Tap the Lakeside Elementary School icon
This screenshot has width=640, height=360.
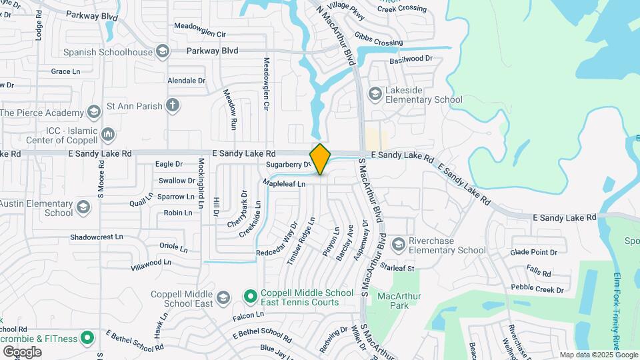point(374,94)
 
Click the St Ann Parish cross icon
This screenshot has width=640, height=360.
point(173,105)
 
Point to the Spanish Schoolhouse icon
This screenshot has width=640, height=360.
point(162,51)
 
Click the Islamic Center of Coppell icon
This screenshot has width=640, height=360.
point(109,135)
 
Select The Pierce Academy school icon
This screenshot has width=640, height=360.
point(94,111)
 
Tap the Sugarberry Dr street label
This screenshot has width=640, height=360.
point(288,164)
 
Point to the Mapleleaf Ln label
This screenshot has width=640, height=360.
point(283,183)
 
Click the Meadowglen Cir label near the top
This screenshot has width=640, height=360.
point(200,34)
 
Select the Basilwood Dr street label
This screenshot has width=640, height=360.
point(411,59)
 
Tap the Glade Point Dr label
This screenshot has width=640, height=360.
point(533,252)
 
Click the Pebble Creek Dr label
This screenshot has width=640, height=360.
point(537,289)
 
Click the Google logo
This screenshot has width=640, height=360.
point(22,351)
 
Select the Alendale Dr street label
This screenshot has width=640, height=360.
point(187,81)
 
